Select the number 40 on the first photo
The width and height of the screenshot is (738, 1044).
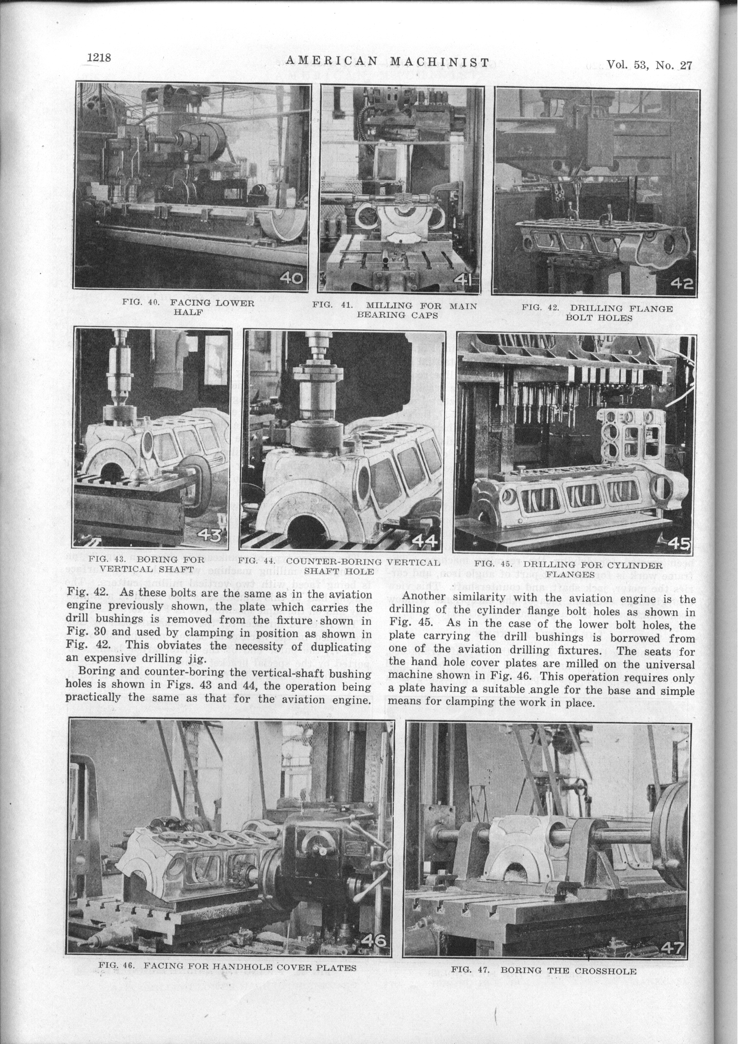pos(291,277)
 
